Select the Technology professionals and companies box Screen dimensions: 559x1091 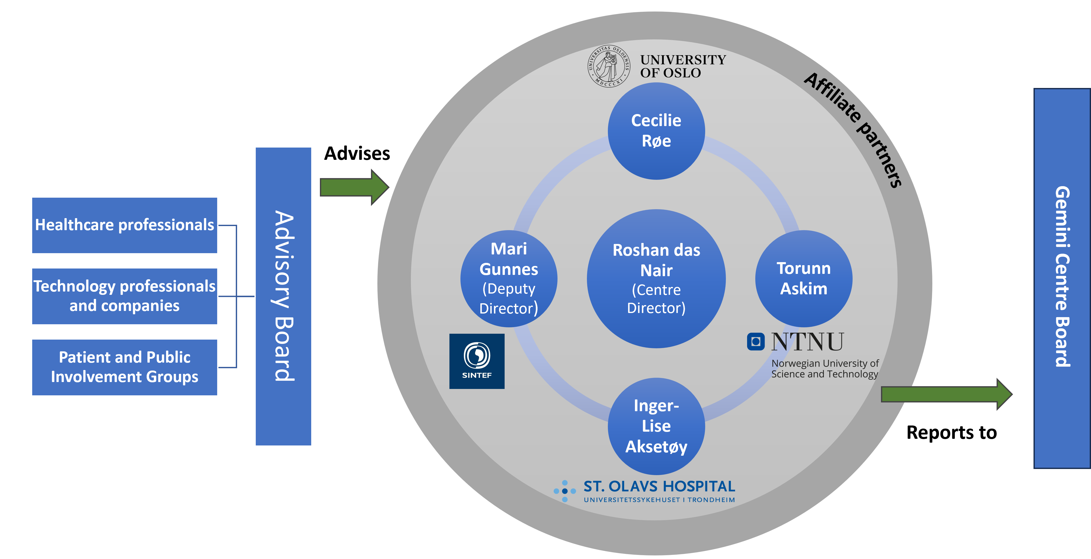coord(124,296)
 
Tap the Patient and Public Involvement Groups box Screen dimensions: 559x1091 coord(124,367)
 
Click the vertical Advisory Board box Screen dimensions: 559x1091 coord(283,296)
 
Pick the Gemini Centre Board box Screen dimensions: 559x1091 coord(1062,278)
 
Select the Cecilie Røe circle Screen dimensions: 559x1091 coord(656,131)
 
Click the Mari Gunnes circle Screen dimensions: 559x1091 coord(509,278)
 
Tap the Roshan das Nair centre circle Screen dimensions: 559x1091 coord(656,278)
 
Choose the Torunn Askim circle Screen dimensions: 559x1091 coord(803,278)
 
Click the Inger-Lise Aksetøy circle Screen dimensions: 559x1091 coord(656,426)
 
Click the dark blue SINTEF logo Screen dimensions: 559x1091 coord(477,361)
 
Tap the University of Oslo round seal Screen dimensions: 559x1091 coord(609,66)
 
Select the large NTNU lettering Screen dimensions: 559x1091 coord(807,342)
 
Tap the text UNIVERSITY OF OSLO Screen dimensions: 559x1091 coord(683,66)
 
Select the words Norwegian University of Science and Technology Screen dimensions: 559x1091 coord(825,369)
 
